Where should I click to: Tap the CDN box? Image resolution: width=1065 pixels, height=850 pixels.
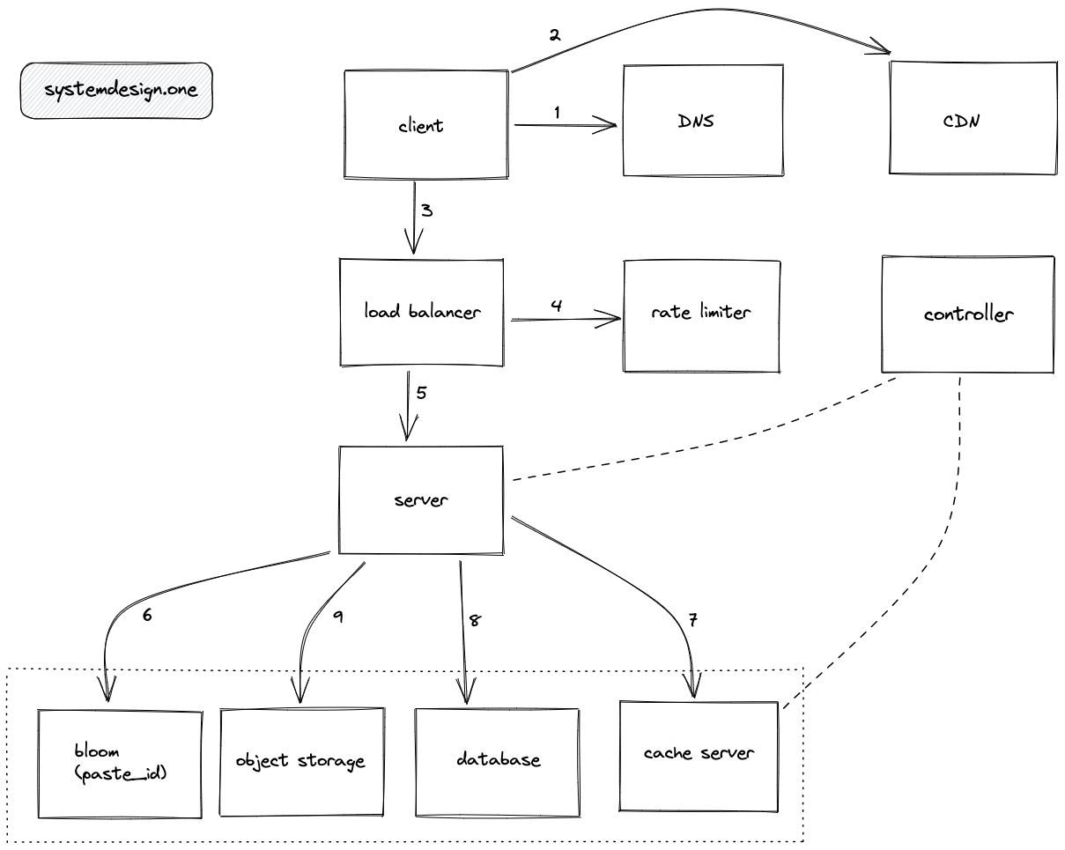click(972, 120)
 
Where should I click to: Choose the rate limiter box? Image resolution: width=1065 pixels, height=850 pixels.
click(701, 314)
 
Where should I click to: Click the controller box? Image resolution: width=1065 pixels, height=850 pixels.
click(968, 314)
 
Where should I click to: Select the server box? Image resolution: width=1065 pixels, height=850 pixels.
click(422, 500)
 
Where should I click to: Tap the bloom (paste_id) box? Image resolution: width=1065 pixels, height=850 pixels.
click(121, 762)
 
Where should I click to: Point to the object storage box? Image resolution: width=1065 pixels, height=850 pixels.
click(300, 761)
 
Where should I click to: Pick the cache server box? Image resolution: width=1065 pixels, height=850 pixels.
click(699, 754)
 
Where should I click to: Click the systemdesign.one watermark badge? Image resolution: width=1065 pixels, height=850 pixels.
click(116, 91)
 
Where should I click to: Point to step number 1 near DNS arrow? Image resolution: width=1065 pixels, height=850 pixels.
click(557, 112)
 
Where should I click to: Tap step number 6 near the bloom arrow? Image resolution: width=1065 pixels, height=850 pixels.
click(147, 615)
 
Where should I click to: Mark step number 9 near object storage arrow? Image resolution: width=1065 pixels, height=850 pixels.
click(337, 617)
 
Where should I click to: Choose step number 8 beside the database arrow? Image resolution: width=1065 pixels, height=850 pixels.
click(475, 620)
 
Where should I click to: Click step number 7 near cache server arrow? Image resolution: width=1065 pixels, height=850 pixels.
click(692, 621)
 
